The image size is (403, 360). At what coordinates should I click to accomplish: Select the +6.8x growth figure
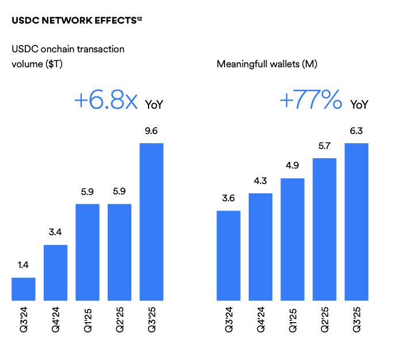point(106,101)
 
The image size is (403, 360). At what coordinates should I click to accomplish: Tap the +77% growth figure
point(311,101)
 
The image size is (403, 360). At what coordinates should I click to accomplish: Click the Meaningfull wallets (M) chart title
point(267,64)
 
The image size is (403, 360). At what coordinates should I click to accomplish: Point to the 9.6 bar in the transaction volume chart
point(151,221)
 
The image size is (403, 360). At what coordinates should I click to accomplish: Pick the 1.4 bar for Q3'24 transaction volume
point(24,289)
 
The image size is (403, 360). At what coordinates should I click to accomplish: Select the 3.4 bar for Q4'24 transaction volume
point(55,273)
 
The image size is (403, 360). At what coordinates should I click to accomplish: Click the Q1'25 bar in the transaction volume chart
point(88,252)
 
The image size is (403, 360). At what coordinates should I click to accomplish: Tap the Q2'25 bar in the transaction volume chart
point(119,252)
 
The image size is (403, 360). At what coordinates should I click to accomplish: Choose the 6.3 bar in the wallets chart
point(356,221)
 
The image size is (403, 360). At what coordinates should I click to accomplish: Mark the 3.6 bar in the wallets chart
point(229,255)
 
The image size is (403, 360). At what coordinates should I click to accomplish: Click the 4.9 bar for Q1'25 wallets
point(292,239)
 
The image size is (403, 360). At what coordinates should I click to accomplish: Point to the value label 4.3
point(260,182)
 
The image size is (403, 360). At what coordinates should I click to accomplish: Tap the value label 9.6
point(151,132)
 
